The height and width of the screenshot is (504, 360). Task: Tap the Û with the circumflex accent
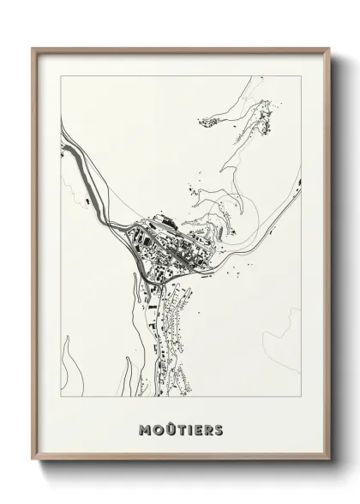coord(165,429)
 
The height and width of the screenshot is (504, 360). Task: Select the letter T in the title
coord(177,429)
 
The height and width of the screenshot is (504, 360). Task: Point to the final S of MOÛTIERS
coord(219,429)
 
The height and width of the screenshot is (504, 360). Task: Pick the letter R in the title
coord(208,429)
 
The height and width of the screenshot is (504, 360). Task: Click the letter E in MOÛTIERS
coord(197,429)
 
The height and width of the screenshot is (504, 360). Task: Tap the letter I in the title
coord(188,429)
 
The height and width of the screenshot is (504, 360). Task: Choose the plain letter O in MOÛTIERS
coord(153,429)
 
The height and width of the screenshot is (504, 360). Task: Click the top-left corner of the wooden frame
coord(33,48)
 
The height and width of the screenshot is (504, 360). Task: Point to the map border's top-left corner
coord(61,76)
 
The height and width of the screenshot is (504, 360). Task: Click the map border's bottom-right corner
coord(301,397)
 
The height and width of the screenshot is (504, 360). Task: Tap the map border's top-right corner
coord(301,76)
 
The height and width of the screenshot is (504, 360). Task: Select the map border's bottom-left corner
coord(61,397)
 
